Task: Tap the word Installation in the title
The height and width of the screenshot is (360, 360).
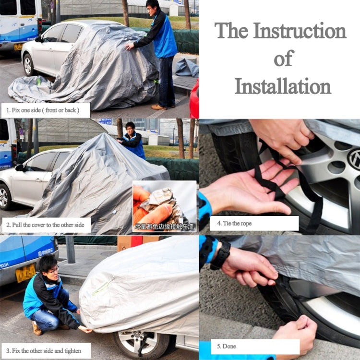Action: pyautogui.click(x=283, y=86)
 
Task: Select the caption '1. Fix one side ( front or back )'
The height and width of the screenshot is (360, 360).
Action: pyautogui.click(x=46, y=110)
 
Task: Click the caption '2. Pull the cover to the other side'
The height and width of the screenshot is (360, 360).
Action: pyautogui.click(x=46, y=225)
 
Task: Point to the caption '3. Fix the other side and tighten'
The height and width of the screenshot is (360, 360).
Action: pyautogui.click(x=46, y=350)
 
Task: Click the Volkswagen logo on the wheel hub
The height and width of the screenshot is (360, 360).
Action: pyautogui.click(x=354, y=159)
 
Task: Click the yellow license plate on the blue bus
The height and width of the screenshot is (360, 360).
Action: pyautogui.click(x=25, y=274)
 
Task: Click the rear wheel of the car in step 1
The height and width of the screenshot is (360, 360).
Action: pyautogui.click(x=29, y=65)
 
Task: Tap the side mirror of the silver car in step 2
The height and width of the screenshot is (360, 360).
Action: pyautogui.click(x=20, y=168)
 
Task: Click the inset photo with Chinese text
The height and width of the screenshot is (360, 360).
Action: pyautogui.click(x=164, y=206)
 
